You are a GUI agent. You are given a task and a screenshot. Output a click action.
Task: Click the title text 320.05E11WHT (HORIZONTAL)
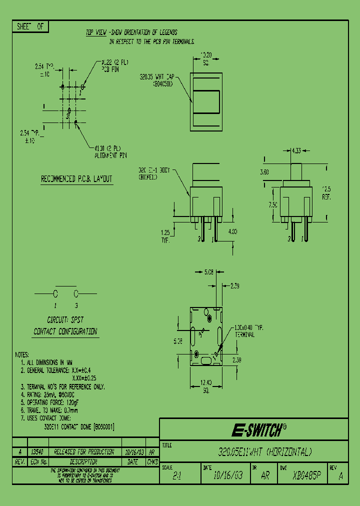(265, 452)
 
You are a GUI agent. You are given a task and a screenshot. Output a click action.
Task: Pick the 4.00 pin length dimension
(232, 231)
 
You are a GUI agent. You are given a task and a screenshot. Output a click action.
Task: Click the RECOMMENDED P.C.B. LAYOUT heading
(76, 179)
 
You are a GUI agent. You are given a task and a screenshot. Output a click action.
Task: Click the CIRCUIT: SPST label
(65, 319)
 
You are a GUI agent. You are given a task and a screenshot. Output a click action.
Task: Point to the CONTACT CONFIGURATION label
(65, 331)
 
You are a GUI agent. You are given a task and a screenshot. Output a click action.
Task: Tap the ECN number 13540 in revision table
(37, 451)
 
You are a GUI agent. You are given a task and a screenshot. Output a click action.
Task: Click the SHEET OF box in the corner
(30, 27)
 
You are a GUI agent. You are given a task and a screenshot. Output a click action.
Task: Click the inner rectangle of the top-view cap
(206, 102)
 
